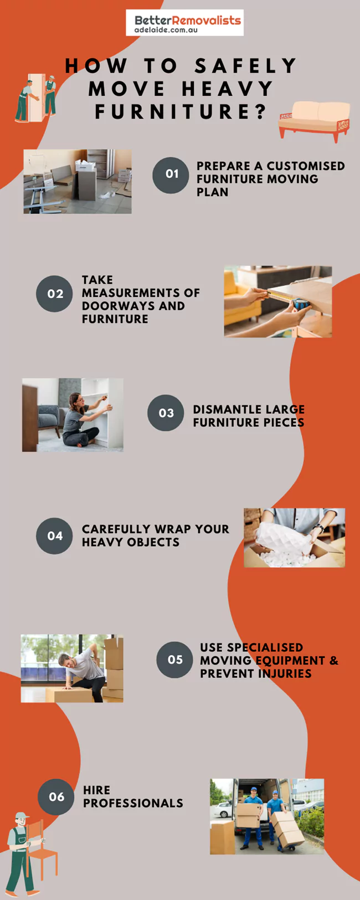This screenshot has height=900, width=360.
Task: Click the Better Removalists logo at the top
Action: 184,23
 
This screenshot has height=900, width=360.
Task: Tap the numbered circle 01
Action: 171,175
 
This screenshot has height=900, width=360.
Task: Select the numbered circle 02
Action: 54,294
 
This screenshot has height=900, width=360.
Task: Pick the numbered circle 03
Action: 166,413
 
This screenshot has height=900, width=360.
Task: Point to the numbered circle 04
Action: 54,536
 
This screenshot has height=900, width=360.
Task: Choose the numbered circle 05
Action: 175,660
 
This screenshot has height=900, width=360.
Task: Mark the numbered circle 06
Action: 56,797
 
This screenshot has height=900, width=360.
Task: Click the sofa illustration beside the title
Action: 315,121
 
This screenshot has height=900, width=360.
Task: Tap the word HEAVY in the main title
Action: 227,89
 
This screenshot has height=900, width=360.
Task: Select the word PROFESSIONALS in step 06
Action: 133,803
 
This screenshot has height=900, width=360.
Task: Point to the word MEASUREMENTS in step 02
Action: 141,293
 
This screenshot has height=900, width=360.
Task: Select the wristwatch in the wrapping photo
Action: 320,528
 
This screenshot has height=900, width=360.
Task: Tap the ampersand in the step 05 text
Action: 334,661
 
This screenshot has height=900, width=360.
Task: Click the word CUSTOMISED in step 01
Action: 305,166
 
